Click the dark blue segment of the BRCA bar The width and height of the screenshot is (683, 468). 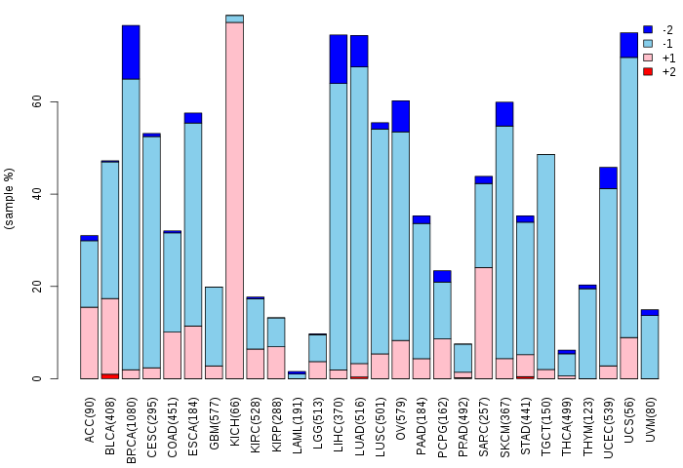pos(131,53)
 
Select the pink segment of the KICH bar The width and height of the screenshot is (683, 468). pos(234,200)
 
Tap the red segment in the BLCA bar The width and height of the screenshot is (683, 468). pos(109,376)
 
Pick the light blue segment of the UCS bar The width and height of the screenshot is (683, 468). pos(628,198)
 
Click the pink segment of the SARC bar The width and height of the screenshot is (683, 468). pos(484,323)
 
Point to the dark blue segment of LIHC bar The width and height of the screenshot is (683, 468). pos(339,59)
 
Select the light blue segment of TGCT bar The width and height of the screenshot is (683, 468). pos(545,262)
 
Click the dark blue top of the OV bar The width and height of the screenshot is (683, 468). pos(401,116)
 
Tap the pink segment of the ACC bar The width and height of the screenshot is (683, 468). pos(90,343)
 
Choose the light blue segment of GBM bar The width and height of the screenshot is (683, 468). pos(214,327)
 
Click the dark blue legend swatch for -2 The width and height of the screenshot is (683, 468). pos(648,29)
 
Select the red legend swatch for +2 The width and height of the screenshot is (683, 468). pos(648,71)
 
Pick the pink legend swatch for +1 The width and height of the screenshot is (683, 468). pos(648,58)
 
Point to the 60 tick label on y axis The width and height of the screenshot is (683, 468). pos(37,101)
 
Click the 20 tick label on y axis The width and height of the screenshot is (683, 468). pos(37,287)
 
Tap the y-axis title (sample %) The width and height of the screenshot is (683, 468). pos(9,199)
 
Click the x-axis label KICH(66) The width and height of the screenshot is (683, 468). pos(235,421)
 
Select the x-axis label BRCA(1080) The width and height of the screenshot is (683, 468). pos(131,430)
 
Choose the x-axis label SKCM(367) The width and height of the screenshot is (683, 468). pos(504,427)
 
